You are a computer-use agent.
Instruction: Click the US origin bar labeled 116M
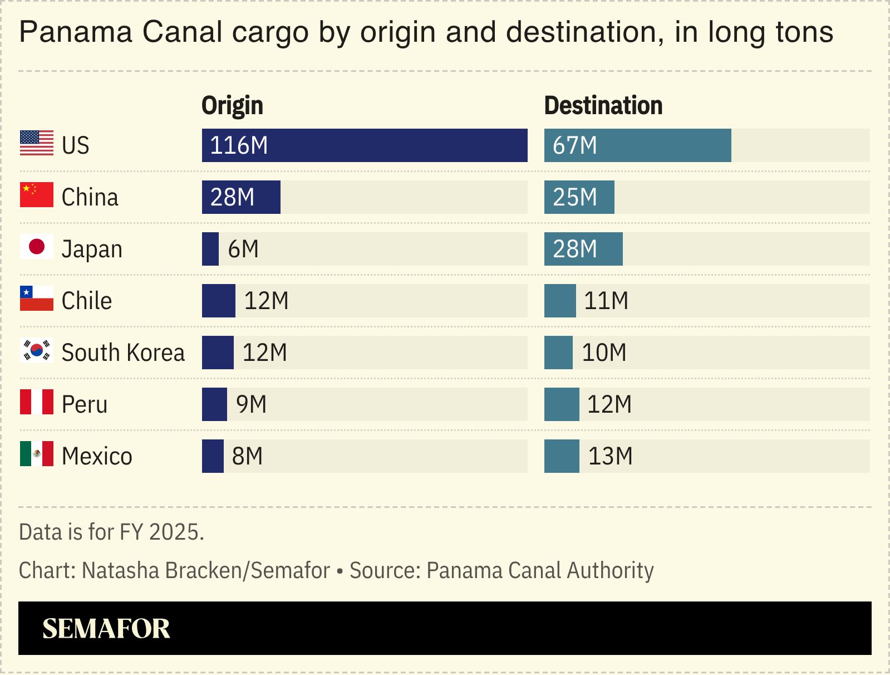tap(365, 145)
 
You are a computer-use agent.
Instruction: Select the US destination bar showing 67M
tap(637, 145)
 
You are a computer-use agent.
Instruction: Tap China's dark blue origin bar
tap(241, 197)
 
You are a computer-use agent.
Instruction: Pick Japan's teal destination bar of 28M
tap(583, 249)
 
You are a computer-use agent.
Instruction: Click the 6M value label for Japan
tap(243, 249)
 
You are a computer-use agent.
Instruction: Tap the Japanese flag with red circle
tap(37, 247)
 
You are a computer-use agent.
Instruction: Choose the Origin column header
tap(232, 106)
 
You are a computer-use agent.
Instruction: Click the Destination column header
tap(603, 106)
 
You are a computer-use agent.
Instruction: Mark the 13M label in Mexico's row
tap(610, 456)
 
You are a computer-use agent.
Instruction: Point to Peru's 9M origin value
tap(251, 404)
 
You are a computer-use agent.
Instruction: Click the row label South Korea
tap(123, 353)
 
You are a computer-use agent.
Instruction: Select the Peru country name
tap(85, 404)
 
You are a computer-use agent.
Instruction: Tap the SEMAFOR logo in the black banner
tap(106, 628)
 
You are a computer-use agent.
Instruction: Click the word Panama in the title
tap(76, 32)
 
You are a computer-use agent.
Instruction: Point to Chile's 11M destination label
tap(606, 301)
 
